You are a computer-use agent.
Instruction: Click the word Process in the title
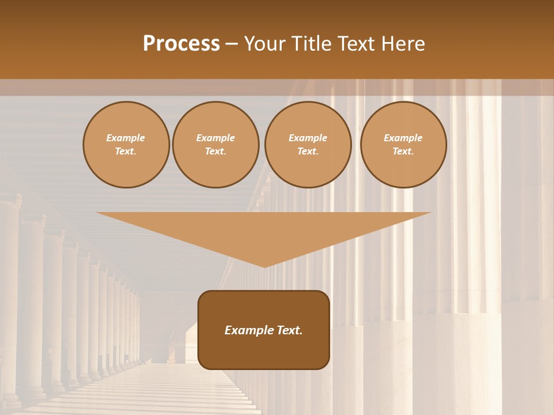(x=181, y=44)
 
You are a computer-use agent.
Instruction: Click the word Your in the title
(x=265, y=44)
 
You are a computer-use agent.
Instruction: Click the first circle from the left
(x=126, y=145)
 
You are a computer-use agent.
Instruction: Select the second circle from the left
(x=216, y=145)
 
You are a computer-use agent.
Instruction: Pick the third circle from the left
(x=308, y=145)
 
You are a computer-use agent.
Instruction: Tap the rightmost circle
(x=403, y=145)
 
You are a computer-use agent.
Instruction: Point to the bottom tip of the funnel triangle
(x=264, y=267)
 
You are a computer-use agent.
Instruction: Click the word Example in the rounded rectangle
(x=248, y=330)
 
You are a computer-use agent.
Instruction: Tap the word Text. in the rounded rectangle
(x=289, y=330)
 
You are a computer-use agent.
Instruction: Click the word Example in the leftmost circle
(x=126, y=138)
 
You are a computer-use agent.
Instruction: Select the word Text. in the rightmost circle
(x=403, y=152)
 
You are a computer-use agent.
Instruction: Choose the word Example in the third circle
(x=308, y=138)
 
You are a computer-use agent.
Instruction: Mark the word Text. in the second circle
(x=216, y=152)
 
